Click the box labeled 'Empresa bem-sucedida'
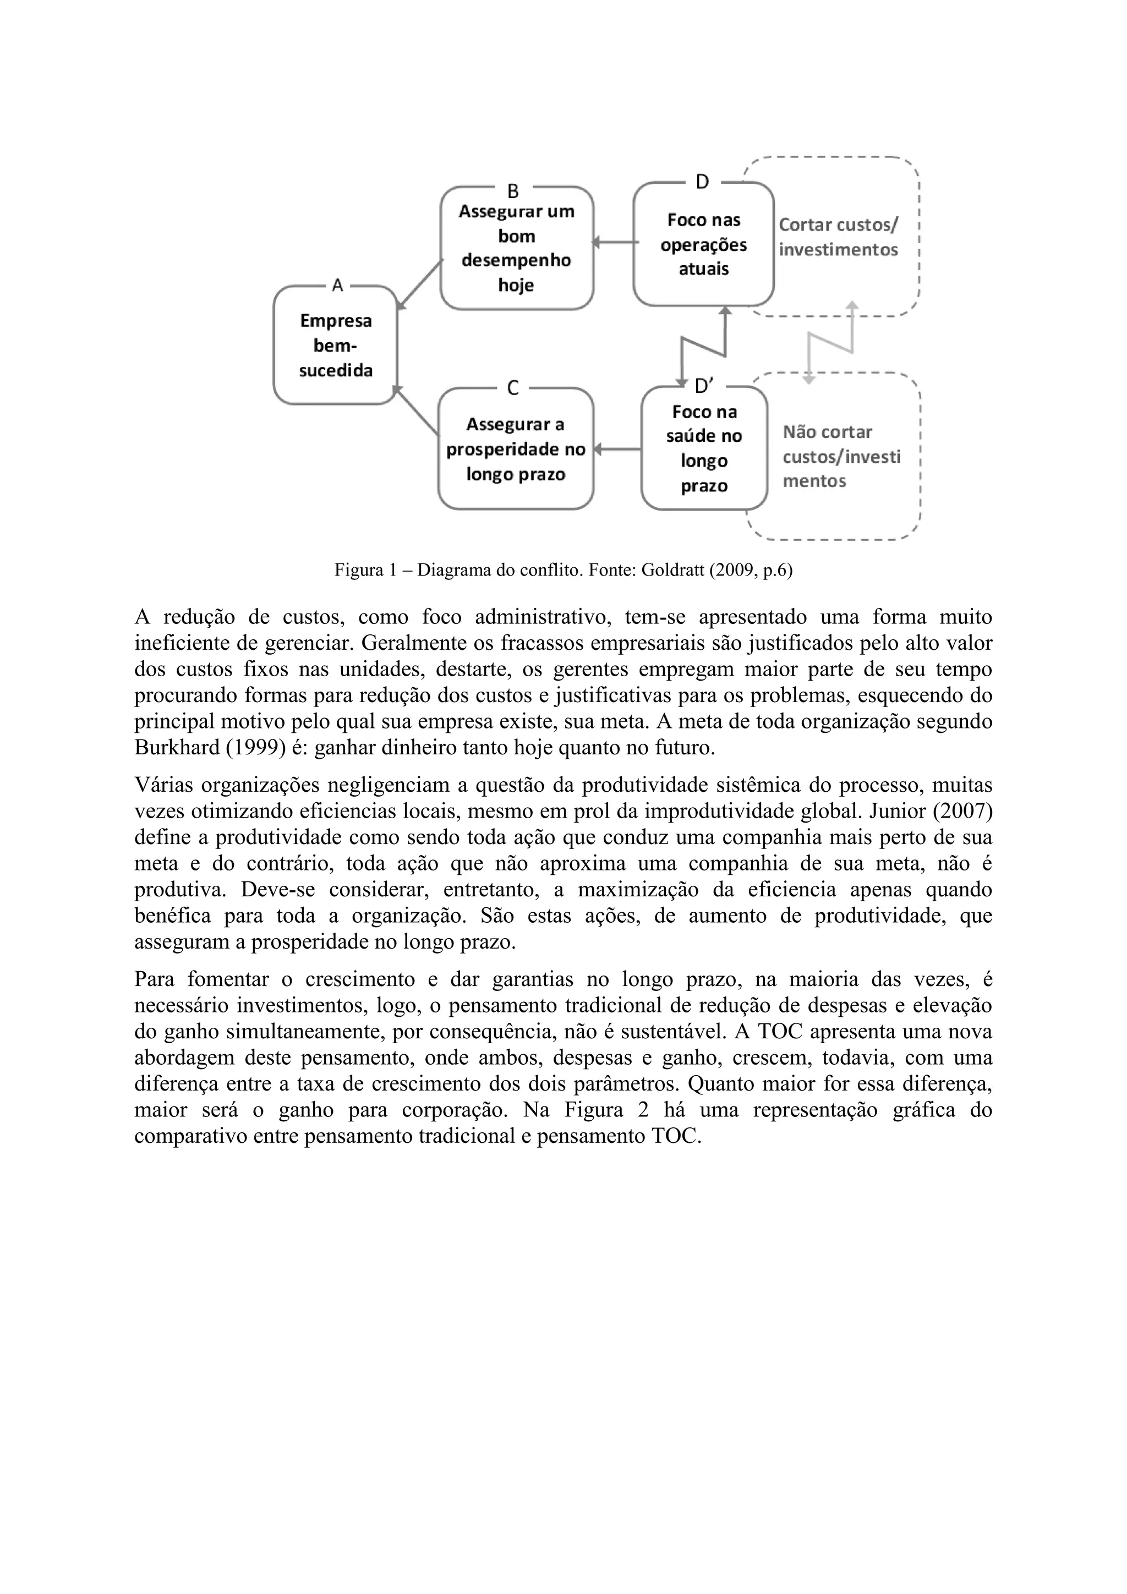coord(335,346)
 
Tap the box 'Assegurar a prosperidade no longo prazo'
coord(516,449)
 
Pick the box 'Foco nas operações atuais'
coord(703,244)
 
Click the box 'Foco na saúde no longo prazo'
coord(704,448)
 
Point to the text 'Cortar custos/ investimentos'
coord(838,237)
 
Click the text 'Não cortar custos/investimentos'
coord(841,456)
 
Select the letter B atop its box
coord(513,190)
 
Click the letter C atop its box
coord(513,388)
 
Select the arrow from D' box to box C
coord(617,449)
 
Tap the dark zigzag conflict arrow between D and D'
coord(703,347)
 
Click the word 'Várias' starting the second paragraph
coord(164,785)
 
